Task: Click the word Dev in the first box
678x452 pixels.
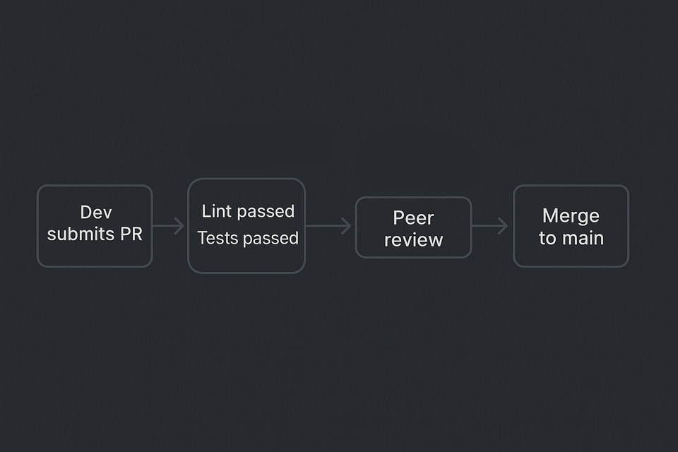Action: click(x=96, y=213)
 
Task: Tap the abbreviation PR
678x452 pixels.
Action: click(x=131, y=234)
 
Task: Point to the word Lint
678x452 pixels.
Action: click(x=217, y=211)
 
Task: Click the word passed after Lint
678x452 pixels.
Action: click(x=266, y=212)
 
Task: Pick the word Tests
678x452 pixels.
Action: click(x=218, y=239)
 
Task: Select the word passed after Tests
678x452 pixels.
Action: click(x=270, y=239)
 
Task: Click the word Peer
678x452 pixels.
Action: click(x=413, y=218)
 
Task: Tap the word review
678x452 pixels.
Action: click(x=413, y=240)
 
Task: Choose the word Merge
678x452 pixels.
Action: click(x=571, y=215)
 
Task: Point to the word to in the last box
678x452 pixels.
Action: click(x=547, y=238)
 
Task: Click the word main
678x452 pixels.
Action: click(x=583, y=238)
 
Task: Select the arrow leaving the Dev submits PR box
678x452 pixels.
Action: click(x=169, y=226)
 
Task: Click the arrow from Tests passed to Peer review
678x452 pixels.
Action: click(x=329, y=226)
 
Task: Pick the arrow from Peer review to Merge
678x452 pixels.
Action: click(x=489, y=226)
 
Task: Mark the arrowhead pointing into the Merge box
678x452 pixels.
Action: click(x=504, y=226)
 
